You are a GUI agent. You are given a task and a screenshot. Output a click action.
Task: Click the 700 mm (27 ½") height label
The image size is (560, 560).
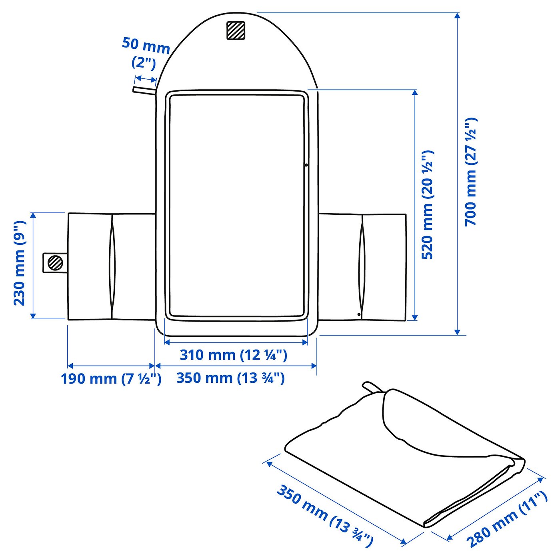point(471,172)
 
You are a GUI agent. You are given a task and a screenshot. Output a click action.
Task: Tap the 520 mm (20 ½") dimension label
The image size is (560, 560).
point(427,205)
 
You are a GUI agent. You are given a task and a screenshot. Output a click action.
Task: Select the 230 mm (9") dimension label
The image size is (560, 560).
point(20,263)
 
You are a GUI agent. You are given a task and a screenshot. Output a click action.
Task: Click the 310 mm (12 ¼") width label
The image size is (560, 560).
point(234,355)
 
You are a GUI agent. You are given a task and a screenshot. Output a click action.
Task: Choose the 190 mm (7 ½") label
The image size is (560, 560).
point(111,378)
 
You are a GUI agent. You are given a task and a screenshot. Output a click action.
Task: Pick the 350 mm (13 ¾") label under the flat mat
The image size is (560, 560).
point(230,378)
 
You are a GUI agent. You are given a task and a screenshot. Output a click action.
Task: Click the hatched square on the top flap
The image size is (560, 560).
point(236,30)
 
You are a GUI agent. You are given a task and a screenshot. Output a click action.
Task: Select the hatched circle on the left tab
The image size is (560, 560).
point(55,263)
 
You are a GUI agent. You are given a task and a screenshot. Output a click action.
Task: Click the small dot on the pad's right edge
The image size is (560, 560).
point(306,165)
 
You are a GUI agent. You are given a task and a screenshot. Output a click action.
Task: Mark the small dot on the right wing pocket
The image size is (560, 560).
point(359,314)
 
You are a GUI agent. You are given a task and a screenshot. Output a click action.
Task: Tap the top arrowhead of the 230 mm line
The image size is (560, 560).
point(33,215)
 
